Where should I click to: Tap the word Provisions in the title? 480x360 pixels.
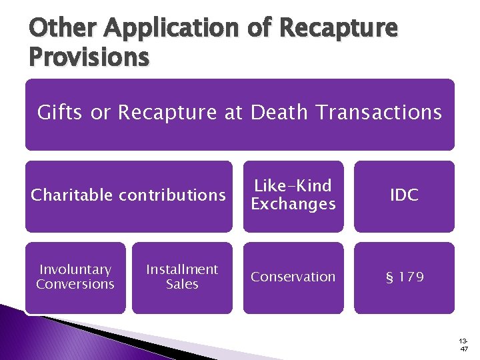[x=89, y=58]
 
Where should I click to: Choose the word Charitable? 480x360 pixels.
[x=72, y=195]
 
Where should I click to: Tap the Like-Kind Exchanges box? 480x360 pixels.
[x=293, y=195]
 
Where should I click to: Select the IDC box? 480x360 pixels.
[x=404, y=195]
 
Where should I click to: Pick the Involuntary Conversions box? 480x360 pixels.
[x=75, y=277]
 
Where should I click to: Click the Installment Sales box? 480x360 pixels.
[x=182, y=277]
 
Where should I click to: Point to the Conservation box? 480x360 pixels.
[x=293, y=277]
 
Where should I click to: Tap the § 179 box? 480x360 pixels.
[x=404, y=277]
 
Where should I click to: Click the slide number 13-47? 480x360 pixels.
[x=464, y=343]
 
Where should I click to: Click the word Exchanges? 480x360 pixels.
[x=293, y=204]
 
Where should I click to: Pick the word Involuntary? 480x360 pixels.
[x=75, y=270]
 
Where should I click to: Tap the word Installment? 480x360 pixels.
[x=182, y=270]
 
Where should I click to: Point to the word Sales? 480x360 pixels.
[x=182, y=285]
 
